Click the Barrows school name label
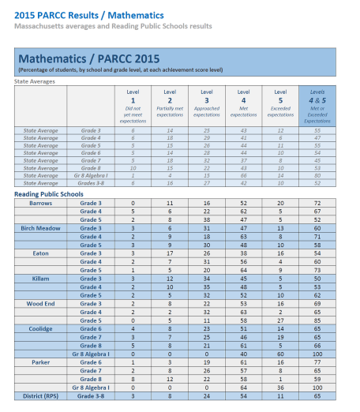point(41,203)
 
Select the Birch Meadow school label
point(41,228)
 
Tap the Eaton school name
point(41,253)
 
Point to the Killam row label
point(41,279)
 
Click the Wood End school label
point(41,304)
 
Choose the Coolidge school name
point(41,329)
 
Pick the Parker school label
point(41,363)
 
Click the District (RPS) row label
point(41,396)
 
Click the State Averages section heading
point(36,81)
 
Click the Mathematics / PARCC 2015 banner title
point(88,59)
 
